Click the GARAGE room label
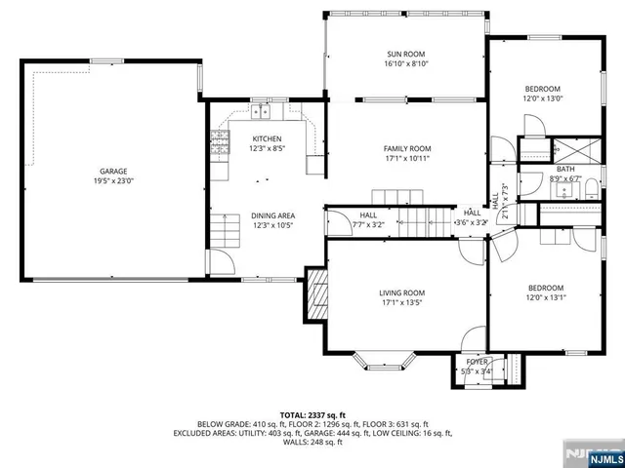tap(112, 171)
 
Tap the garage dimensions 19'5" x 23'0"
tap(112, 180)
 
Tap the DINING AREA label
tap(272, 215)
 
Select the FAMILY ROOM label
tap(407, 148)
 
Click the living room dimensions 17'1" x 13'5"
tap(401, 302)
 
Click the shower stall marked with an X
tap(565, 150)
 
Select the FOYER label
tap(476, 361)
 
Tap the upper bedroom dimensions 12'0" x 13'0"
tap(544, 98)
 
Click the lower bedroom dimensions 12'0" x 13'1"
tap(546, 297)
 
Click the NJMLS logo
tap(602, 454)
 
